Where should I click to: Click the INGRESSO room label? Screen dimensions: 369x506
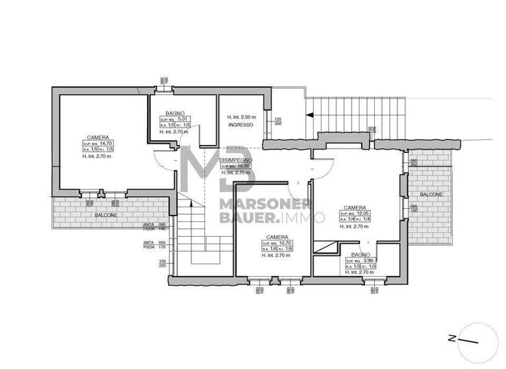pyautogui.click(x=240, y=125)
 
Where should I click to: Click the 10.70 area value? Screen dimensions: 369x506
pyautogui.click(x=285, y=243)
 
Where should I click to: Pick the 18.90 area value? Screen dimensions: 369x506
pyautogui.click(x=243, y=166)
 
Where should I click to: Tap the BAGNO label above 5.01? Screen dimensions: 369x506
pyautogui.click(x=175, y=113)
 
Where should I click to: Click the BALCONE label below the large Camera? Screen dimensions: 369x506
pyautogui.click(x=88, y=214)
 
